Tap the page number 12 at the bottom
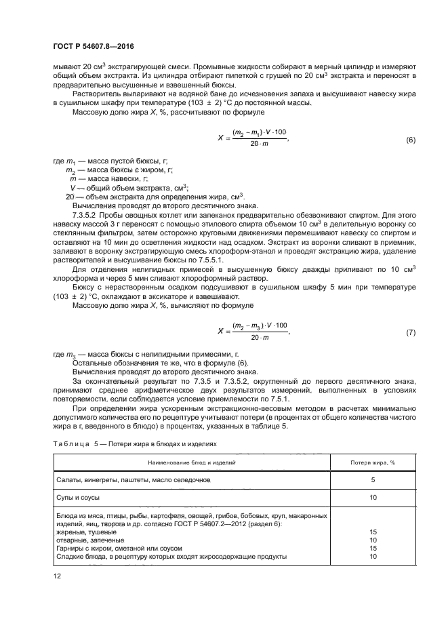tap(57, 576)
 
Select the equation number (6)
tap(410, 140)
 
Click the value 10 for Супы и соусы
tap(373, 498)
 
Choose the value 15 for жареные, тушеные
tap(373, 532)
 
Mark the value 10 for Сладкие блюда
tap(373, 556)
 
